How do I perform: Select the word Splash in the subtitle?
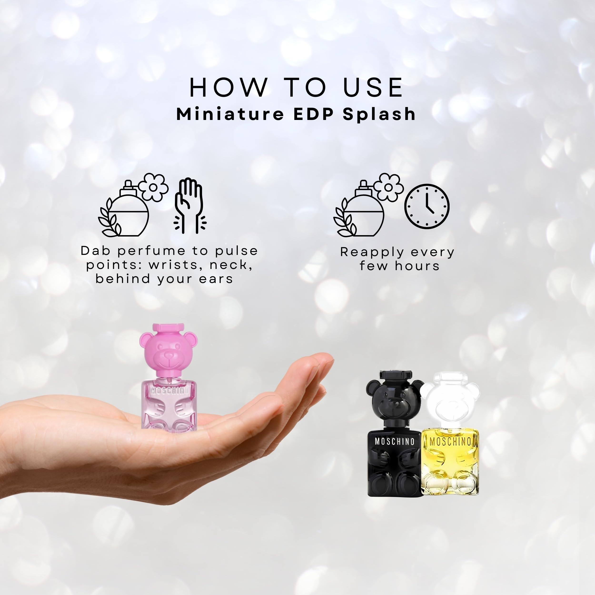(x=379, y=114)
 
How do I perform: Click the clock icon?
(x=426, y=206)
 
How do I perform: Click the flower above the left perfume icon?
(x=153, y=187)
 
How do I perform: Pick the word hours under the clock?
(x=417, y=266)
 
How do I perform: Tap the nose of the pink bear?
(x=169, y=356)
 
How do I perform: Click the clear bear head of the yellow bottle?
(x=450, y=403)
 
